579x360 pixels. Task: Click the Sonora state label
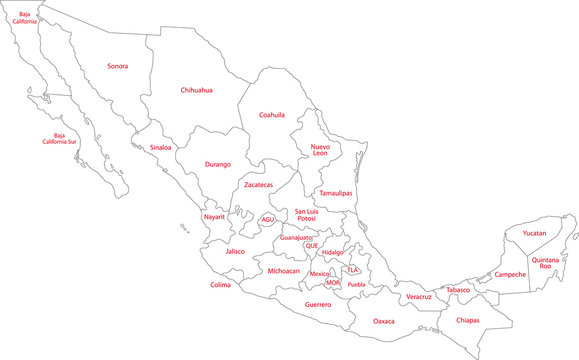tap(117, 66)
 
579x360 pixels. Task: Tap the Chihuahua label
tap(196, 90)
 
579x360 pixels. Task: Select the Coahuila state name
tap(272, 114)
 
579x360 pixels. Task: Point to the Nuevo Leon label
tap(320, 150)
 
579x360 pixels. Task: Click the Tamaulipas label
tap(339, 193)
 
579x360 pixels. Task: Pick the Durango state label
tap(218, 164)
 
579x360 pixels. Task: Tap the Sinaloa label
tap(160, 148)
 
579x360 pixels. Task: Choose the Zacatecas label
tap(258, 185)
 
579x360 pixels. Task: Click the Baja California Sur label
tap(66, 138)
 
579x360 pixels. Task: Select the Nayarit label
tap(214, 217)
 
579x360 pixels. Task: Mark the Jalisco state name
tap(235, 252)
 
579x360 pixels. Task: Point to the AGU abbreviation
tap(267, 219)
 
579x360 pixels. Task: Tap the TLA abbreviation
tap(352, 270)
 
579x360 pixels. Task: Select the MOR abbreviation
tap(333, 283)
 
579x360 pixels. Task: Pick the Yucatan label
tap(534, 233)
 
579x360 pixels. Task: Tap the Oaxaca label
tap(384, 322)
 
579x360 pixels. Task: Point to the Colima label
tap(220, 285)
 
